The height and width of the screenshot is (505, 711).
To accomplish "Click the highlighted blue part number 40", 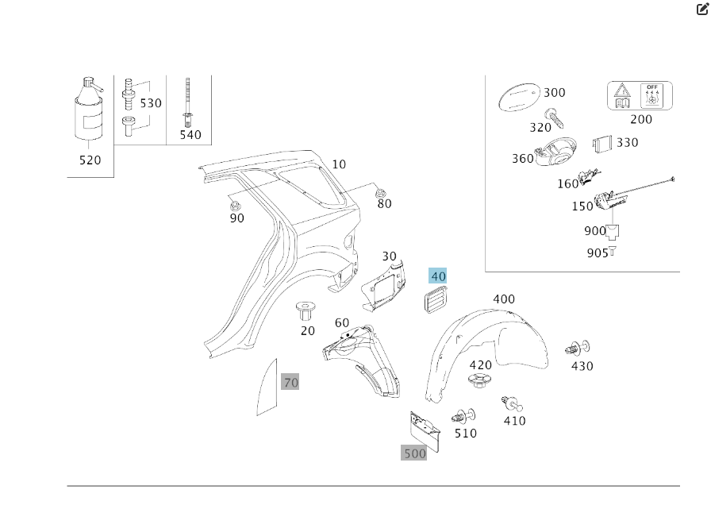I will coord(438,276).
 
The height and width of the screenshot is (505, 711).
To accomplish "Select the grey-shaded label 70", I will coord(290,382).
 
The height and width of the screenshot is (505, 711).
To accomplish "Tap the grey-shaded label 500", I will coord(414,453).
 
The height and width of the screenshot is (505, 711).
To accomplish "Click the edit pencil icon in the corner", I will coord(701,10).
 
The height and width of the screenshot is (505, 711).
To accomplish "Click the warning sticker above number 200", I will coord(640,96).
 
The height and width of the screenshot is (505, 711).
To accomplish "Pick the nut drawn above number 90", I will coord(233,199).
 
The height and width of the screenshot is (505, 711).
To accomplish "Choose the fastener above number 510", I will coord(463,416).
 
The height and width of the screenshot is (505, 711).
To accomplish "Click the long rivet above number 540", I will coord(188,102).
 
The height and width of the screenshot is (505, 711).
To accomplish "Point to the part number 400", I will coord(504,299).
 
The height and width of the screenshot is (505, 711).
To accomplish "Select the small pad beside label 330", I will coord(601,144).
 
